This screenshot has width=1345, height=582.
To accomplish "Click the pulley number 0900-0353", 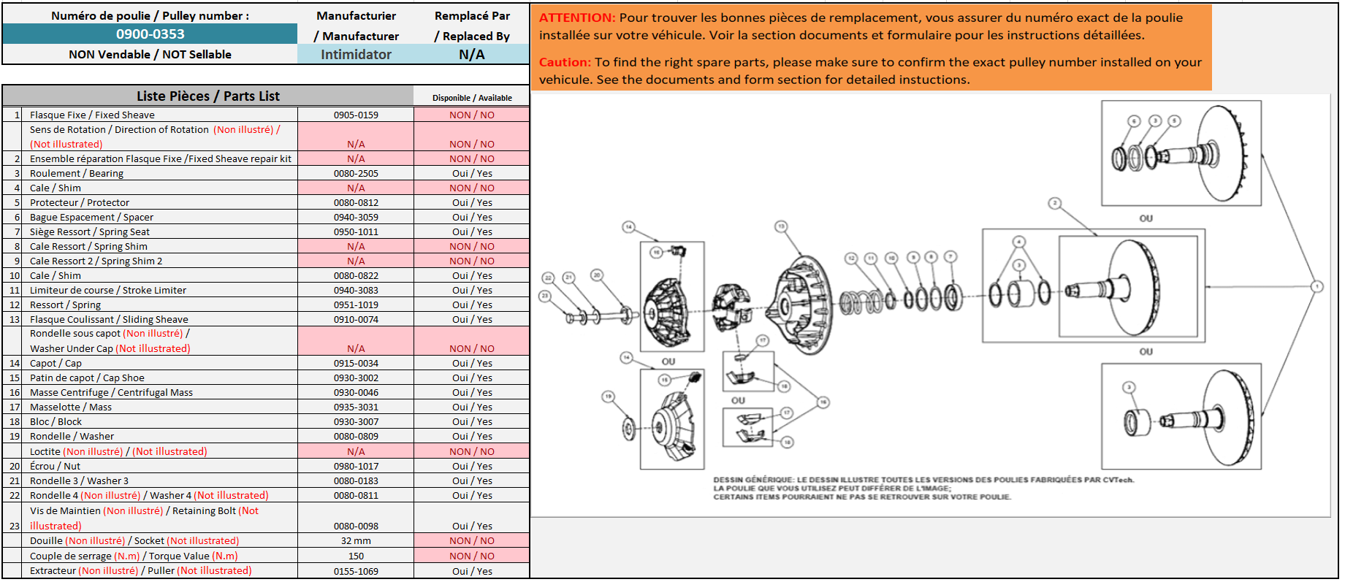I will click(150, 34).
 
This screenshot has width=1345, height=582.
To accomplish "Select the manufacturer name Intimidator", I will click(356, 54).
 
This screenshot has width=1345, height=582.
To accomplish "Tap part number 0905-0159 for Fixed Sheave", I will click(356, 115).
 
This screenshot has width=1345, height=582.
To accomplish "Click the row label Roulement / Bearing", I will click(76, 173).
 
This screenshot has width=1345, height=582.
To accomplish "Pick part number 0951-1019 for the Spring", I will click(356, 305).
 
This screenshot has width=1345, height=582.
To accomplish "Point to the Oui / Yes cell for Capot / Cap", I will click(472, 363).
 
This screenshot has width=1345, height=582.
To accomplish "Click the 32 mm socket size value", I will click(356, 540).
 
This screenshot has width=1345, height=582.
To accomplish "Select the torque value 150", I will click(356, 556).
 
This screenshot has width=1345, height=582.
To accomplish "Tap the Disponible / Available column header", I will click(472, 98).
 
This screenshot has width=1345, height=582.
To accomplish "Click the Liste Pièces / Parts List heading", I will click(207, 96).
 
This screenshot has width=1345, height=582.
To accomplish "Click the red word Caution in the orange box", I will click(564, 62).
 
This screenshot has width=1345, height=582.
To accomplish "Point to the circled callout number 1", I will click(1317, 286).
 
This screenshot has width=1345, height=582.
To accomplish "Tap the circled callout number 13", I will click(781, 226).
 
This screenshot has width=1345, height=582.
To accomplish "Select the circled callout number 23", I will click(544, 296).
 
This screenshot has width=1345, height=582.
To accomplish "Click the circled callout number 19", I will click(608, 397).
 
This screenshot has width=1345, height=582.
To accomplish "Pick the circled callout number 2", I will click(1054, 203).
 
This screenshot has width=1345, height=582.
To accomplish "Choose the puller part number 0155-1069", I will click(356, 571).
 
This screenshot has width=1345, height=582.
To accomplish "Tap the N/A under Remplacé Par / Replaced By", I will click(472, 54).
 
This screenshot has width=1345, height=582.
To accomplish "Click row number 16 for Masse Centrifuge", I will click(15, 392).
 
